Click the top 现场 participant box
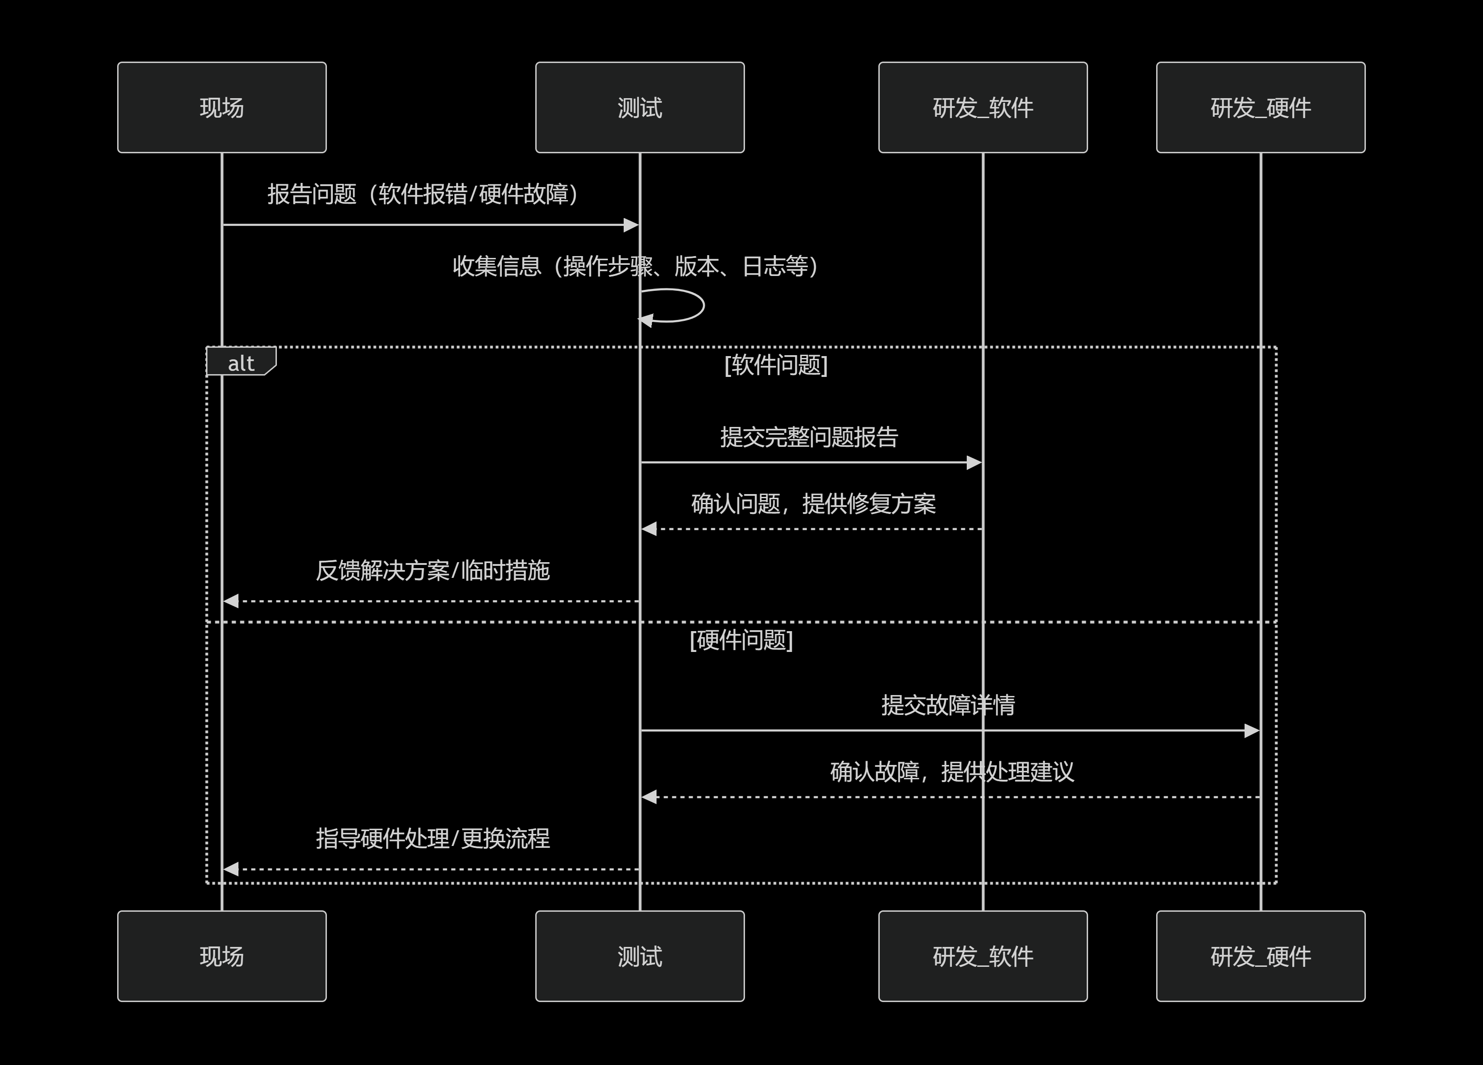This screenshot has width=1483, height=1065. tap(222, 107)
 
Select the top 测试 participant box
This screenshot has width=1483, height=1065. tap(639, 107)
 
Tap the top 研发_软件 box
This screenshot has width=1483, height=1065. tap(983, 107)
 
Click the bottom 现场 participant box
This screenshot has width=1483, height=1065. tap(222, 956)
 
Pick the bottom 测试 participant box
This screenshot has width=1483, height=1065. tap(639, 956)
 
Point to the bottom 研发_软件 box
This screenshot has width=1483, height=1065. tap(983, 956)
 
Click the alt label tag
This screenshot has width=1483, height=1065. tap(241, 363)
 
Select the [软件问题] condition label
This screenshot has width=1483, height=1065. tap(776, 365)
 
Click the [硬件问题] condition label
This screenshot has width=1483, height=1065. tap(741, 640)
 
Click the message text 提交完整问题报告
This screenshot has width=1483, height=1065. tap(809, 437)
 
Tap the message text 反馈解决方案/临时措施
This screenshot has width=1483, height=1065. tap(432, 570)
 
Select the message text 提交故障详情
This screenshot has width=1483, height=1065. tap(947, 705)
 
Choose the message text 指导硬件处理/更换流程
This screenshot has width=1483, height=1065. tap(432, 838)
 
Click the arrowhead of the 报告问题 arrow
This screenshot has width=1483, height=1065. tap(631, 225)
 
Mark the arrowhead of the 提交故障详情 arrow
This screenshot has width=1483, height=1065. tap(1251, 730)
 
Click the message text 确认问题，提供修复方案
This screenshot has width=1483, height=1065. tap(813, 503)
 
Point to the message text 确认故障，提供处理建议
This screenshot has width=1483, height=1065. tap(951, 771)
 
